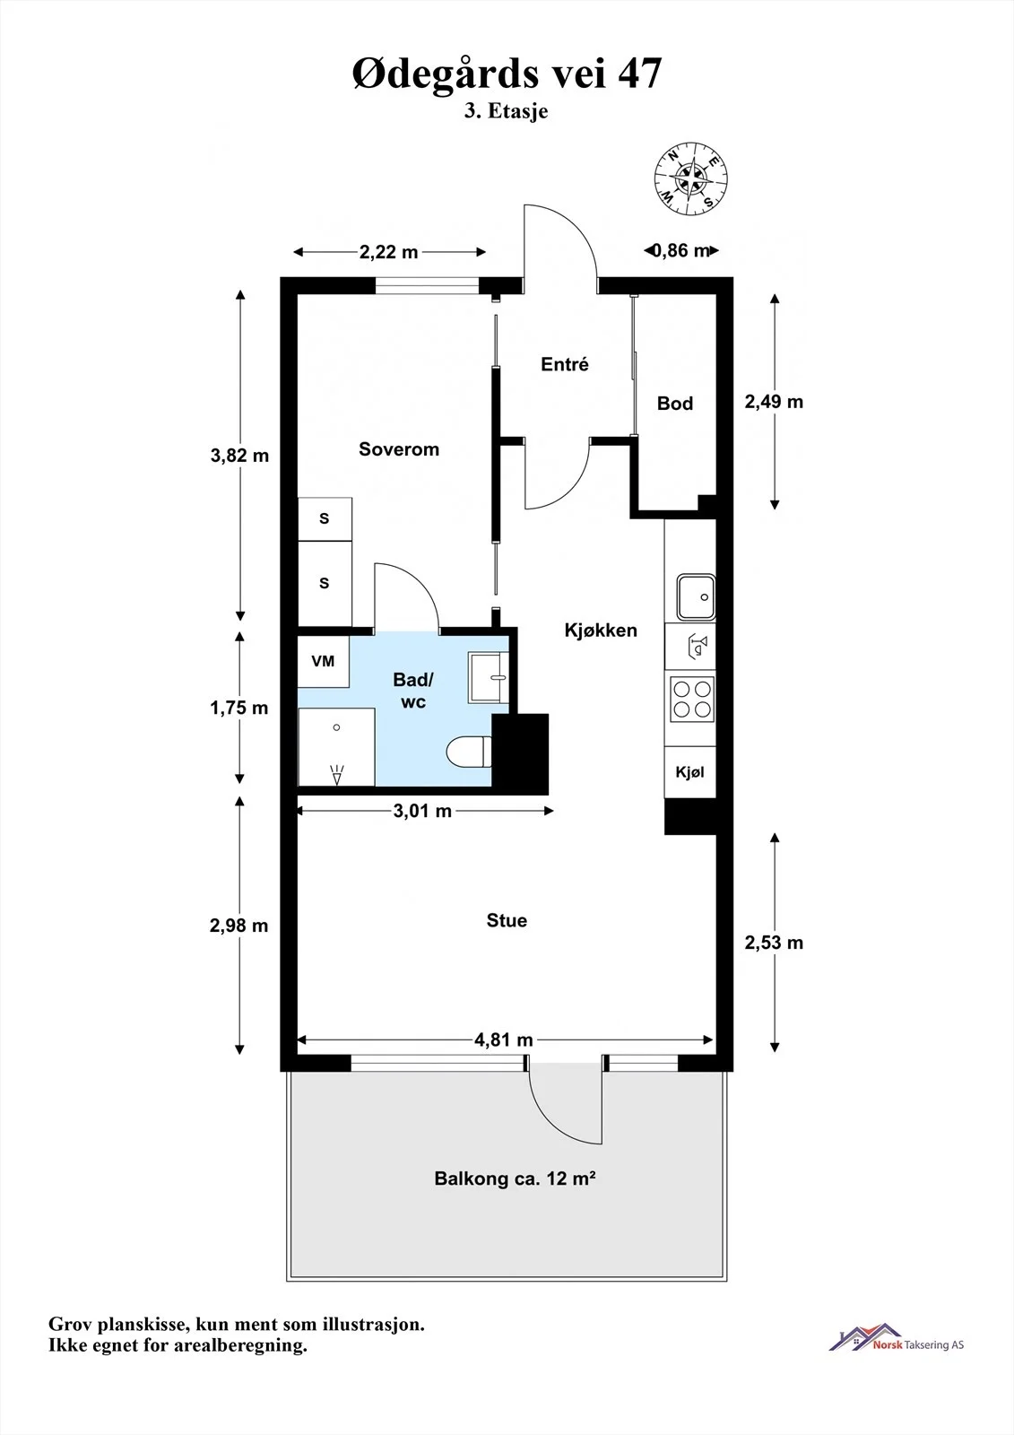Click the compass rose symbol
click(x=690, y=178)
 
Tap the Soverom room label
click(x=398, y=449)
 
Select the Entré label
click(x=564, y=364)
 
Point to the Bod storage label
click(x=675, y=403)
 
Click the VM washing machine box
click(x=324, y=661)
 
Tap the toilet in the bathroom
click(x=469, y=752)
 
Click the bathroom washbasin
click(x=488, y=677)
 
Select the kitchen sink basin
click(x=696, y=597)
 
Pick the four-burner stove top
click(x=692, y=700)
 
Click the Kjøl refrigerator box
click(x=689, y=772)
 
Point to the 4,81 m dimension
click(x=504, y=1039)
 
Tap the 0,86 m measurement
click(x=681, y=250)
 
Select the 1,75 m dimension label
click(x=238, y=708)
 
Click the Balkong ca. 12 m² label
click(x=515, y=1178)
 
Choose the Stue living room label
click(x=507, y=920)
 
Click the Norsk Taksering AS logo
click(x=897, y=1340)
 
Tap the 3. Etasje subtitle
click(x=506, y=111)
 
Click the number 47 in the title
click(x=639, y=73)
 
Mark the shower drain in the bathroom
click(x=336, y=727)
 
